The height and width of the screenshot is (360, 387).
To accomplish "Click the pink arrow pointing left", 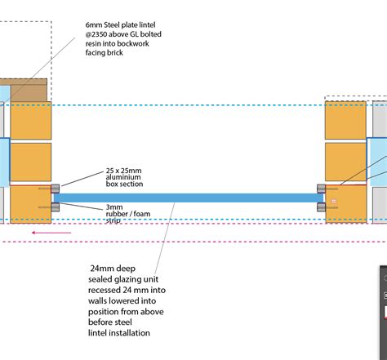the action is click(x=51, y=233).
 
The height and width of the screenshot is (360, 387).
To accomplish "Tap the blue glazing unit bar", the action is click(x=189, y=198).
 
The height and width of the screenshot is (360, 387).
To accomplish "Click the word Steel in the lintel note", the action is click(x=112, y=25).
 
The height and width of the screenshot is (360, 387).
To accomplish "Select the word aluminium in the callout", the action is click(x=123, y=177).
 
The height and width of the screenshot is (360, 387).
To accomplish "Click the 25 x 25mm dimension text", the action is click(x=124, y=171).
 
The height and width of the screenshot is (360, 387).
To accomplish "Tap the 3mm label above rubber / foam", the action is click(x=114, y=207).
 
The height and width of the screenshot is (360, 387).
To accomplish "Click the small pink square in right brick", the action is click(x=334, y=201).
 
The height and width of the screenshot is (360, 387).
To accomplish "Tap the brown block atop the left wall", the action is click(x=29, y=90).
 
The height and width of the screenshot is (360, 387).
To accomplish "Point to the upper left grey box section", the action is click(x=56, y=189).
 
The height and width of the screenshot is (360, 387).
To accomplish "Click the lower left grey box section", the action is click(x=56, y=207).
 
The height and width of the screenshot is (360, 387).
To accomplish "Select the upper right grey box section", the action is click(x=321, y=189).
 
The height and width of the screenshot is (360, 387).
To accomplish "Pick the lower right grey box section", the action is click(x=321, y=207).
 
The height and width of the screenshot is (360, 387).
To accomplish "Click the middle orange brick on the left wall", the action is click(x=31, y=162).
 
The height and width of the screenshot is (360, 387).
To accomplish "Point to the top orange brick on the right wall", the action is click(x=345, y=120).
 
